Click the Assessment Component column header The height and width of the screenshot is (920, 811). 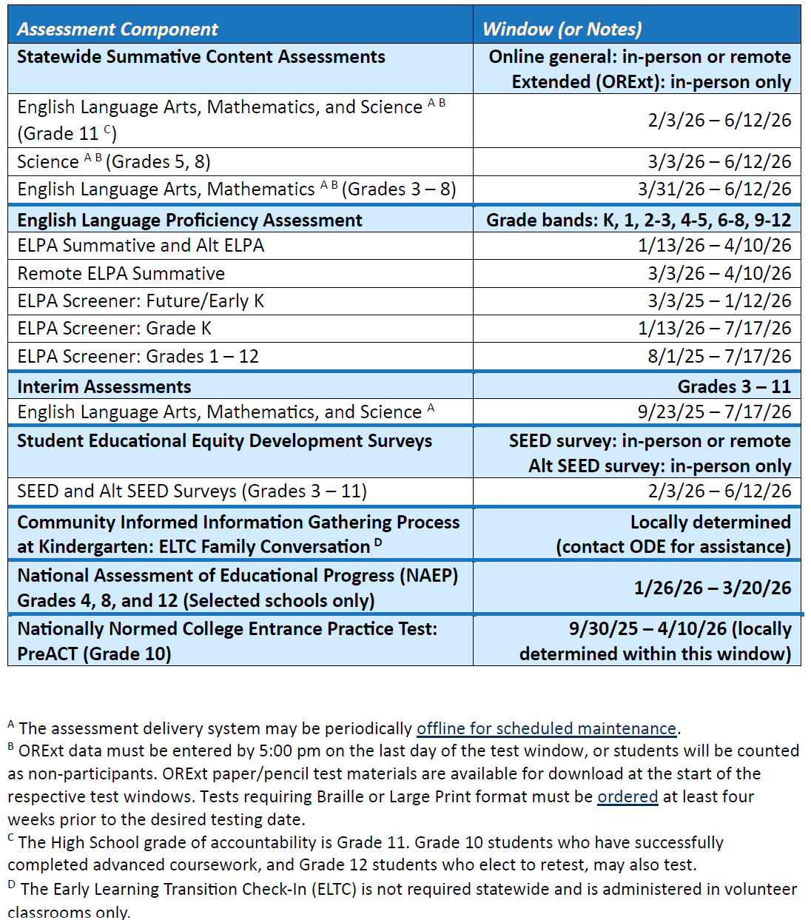coord(118,29)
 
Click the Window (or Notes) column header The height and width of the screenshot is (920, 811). coord(562,29)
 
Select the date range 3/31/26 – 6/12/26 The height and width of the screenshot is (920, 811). coord(714,189)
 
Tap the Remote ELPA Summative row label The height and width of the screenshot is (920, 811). coord(121,274)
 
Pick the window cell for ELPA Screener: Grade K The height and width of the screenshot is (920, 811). coord(714,329)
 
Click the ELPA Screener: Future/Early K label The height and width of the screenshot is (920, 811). coord(141,301)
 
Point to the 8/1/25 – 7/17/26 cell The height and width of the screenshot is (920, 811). coord(719,357)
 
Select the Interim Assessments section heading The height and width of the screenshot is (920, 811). coord(104,387)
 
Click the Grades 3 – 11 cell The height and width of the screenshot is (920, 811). coord(734,387)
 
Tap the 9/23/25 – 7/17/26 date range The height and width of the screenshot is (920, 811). coord(714,412)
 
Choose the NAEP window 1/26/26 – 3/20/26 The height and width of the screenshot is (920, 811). coord(712,588)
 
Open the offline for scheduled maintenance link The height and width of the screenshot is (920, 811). coord(547,729)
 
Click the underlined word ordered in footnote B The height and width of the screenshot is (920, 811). coord(627,797)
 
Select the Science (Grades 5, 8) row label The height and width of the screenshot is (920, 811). coord(114,162)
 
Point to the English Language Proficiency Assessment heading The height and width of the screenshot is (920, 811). coord(190,221)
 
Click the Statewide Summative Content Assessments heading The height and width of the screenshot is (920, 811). coord(201,57)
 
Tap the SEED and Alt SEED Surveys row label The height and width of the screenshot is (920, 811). coord(192,491)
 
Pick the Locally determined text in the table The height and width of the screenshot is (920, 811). coord(710,523)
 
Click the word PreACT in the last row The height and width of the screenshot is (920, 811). coord(49,654)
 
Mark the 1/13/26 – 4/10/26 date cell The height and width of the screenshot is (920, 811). coord(714,246)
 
